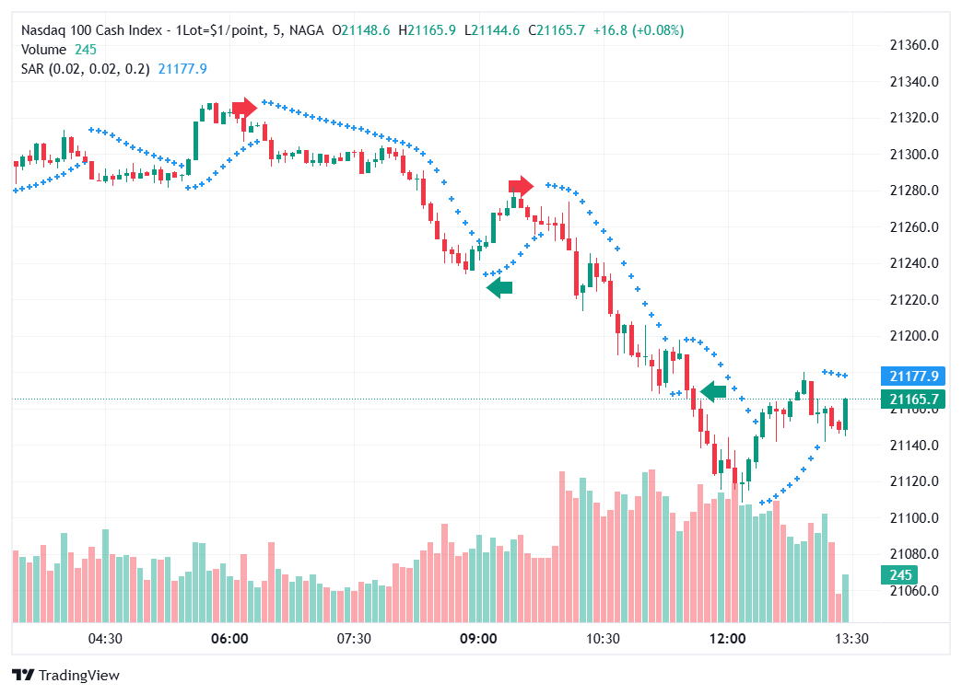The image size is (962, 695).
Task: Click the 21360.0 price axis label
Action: coord(913,45)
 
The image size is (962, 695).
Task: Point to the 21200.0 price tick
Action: coord(913,336)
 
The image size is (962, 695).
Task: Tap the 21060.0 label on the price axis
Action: coord(913,591)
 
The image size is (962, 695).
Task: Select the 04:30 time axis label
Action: coord(105,639)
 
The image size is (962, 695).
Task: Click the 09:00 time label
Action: coord(478,639)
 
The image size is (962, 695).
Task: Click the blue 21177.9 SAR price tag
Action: coord(911,376)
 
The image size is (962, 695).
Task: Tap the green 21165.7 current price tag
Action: coord(911,399)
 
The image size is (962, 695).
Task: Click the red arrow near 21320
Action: coord(244,109)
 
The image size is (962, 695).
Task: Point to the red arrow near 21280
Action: coord(521,186)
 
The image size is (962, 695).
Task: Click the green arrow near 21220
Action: coord(499,288)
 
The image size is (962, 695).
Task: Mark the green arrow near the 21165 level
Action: coord(713,391)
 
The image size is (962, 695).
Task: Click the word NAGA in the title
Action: coord(306,30)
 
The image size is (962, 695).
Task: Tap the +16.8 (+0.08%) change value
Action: coord(639,30)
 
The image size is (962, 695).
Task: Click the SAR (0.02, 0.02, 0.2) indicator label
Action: coord(86,68)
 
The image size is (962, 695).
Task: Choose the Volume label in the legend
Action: coord(43,50)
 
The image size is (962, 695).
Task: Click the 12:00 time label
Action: coord(727,639)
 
